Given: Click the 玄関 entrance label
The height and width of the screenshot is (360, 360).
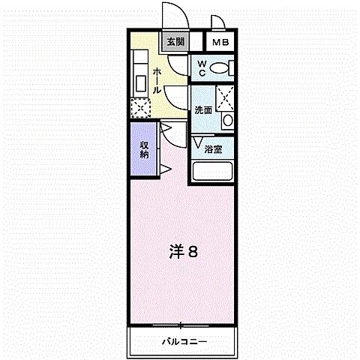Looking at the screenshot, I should tap(175, 42).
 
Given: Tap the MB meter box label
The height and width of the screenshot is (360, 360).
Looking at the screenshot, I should tap(219, 43).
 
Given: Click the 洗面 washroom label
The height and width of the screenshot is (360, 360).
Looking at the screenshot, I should tap(203, 109).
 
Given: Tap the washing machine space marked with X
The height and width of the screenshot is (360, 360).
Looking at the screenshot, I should tap(223, 97).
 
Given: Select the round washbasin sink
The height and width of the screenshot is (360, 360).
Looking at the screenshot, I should tap(228, 121).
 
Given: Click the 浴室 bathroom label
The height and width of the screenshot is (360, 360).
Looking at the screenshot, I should tap(213, 148).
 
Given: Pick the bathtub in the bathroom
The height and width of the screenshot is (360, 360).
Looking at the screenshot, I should tap(213, 171).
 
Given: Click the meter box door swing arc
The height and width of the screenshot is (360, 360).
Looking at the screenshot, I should tap(218, 23).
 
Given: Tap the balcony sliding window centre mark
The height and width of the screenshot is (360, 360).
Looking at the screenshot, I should tap(181, 324).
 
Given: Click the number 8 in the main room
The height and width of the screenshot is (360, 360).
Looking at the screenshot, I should tap(192, 252).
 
